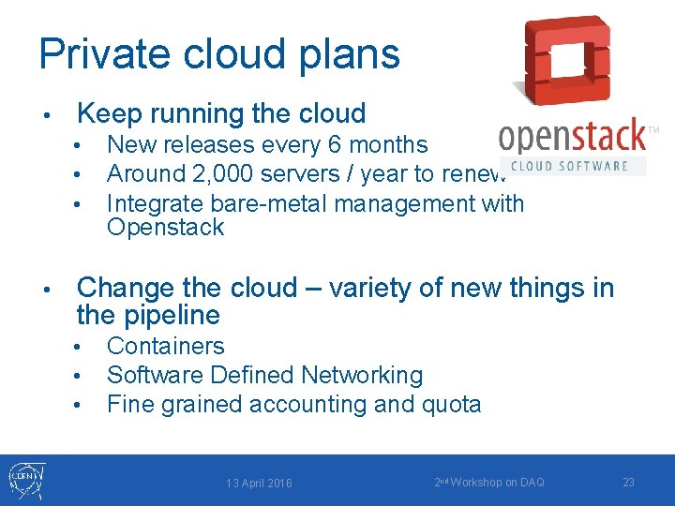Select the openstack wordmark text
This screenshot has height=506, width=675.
click(x=572, y=138)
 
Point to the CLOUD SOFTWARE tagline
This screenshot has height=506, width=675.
click(x=573, y=165)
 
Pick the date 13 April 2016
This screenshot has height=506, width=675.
click(x=259, y=483)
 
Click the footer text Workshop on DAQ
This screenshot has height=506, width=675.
click(x=496, y=482)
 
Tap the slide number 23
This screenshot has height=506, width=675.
click(x=628, y=482)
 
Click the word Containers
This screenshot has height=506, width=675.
click(x=166, y=346)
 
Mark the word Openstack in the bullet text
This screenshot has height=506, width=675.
click(x=166, y=228)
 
